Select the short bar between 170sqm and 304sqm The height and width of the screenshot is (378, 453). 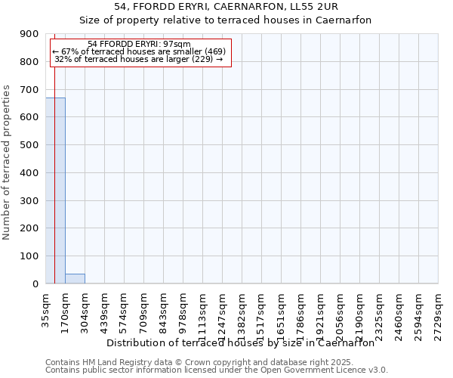(75, 278)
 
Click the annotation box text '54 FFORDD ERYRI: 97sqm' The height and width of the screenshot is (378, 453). (139, 45)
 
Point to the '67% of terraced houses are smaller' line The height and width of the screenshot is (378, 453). (139, 51)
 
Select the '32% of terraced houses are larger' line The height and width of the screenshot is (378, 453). (139, 59)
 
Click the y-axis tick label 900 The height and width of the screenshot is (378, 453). (29, 34)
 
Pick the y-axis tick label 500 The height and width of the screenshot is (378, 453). (29, 145)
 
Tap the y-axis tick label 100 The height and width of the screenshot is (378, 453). (29, 256)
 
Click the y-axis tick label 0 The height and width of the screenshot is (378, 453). (35, 284)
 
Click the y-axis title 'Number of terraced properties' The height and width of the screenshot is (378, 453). (7, 163)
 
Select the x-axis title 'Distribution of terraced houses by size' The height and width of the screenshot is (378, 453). (240, 342)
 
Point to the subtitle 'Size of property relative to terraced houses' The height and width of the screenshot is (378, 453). (226, 20)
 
